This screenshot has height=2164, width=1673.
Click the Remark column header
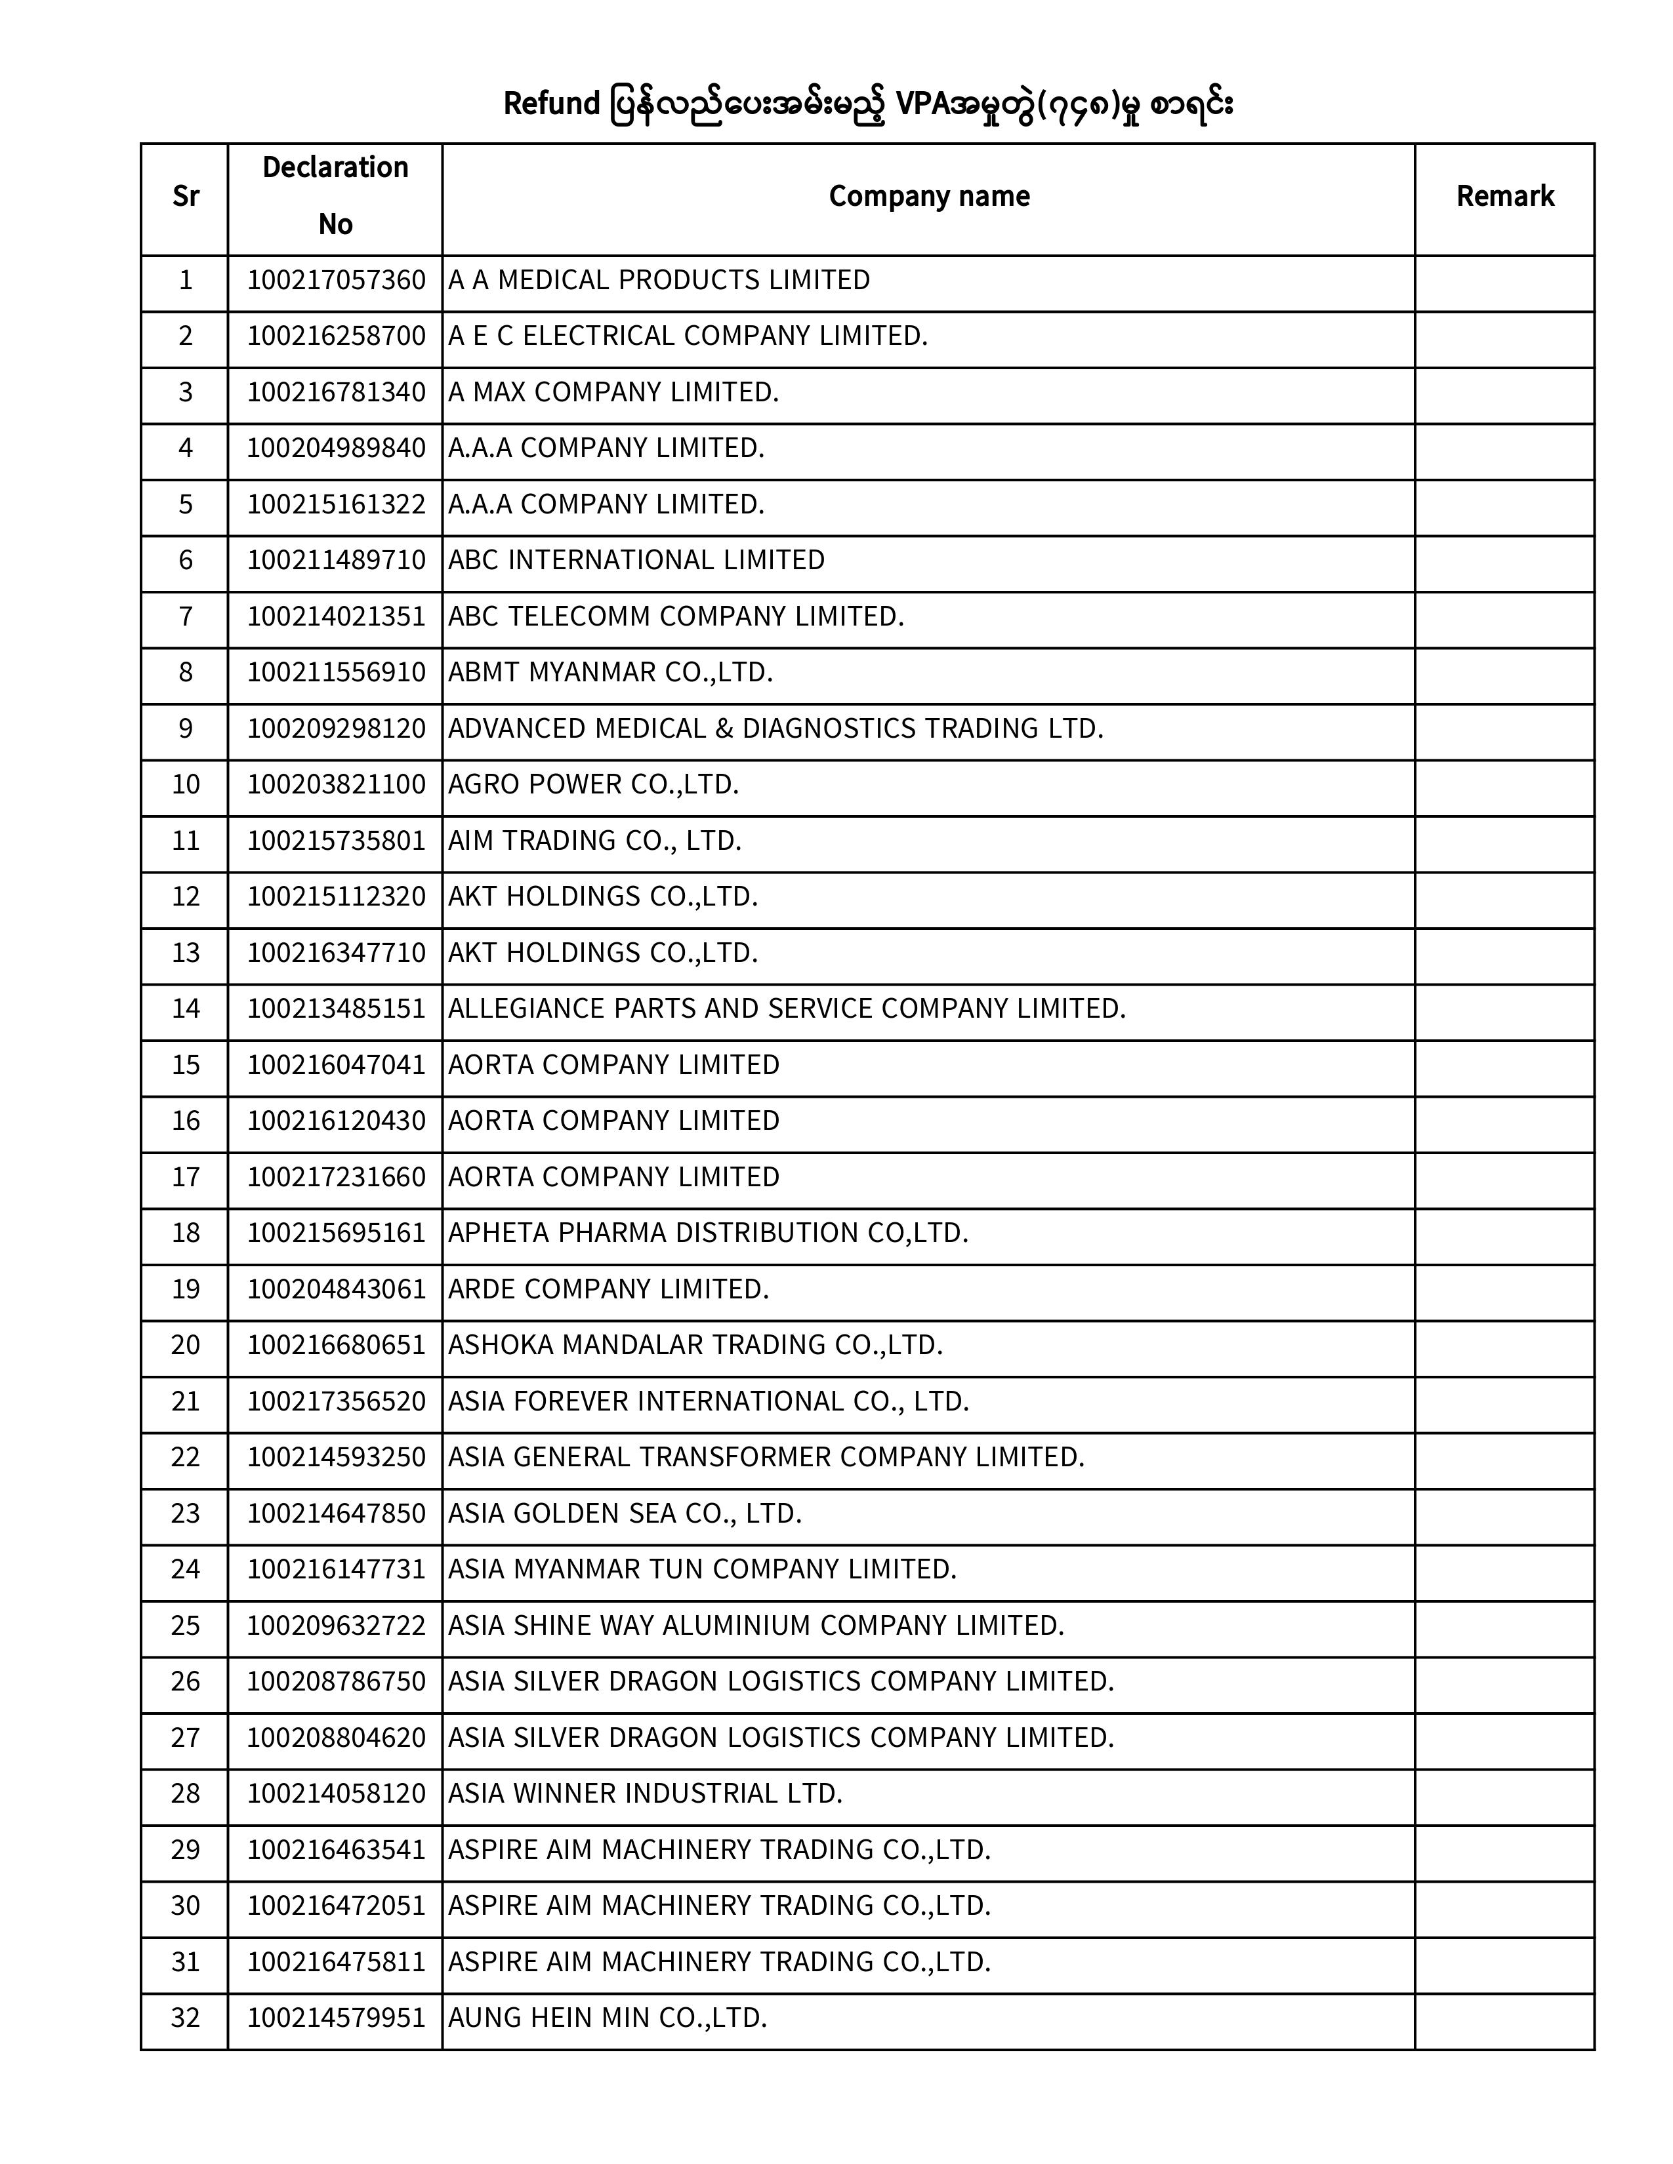(1504, 196)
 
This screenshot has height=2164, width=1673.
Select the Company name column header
(928, 196)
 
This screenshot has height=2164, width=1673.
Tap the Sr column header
(185, 196)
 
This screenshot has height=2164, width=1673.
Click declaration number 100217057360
(336, 281)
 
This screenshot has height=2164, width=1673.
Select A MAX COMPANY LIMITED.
(613, 392)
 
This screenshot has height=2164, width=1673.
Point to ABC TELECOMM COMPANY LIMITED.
(676, 616)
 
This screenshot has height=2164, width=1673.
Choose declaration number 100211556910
(336, 673)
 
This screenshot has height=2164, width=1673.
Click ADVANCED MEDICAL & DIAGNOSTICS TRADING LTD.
(775, 729)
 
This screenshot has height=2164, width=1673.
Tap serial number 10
(185, 785)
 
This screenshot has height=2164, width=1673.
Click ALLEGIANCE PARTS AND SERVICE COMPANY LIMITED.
(787, 1009)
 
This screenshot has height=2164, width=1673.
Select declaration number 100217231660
(336, 1177)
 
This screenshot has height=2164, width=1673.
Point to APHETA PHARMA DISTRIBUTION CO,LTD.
(708, 1233)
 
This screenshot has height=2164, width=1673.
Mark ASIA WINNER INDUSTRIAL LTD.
(644, 1793)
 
